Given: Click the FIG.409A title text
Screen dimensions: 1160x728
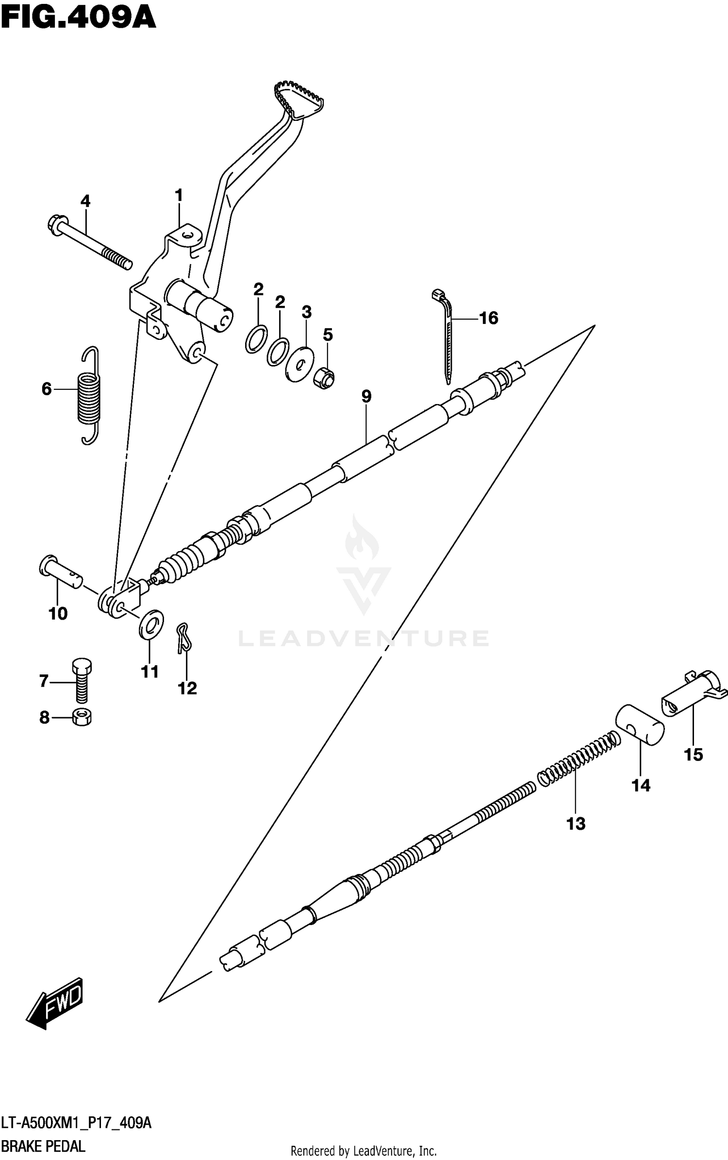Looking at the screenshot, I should pyautogui.click(x=78, y=18).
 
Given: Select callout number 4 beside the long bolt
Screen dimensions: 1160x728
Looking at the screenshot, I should pyautogui.click(x=85, y=201).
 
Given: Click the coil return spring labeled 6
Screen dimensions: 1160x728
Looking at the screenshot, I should pyautogui.click(x=89, y=395).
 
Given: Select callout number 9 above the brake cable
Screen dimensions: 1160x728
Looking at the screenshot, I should pyautogui.click(x=366, y=397).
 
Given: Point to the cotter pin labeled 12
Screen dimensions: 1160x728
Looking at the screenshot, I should pyautogui.click(x=183, y=638).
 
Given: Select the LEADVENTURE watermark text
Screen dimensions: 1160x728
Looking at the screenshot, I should pyautogui.click(x=363, y=639).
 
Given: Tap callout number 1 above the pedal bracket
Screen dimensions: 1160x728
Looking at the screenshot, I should pyautogui.click(x=179, y=196).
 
